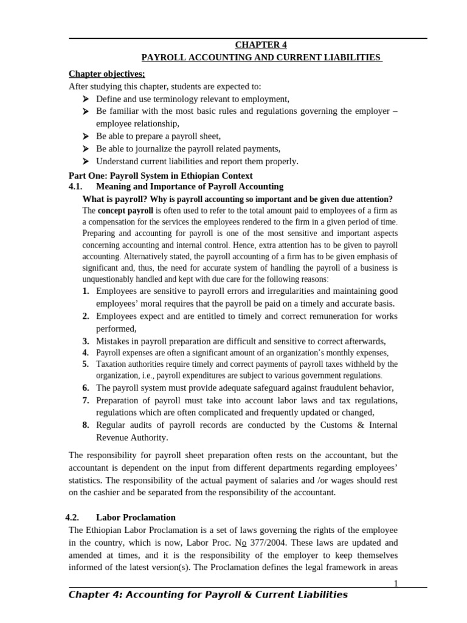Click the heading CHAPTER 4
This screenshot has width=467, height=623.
click(261, 45)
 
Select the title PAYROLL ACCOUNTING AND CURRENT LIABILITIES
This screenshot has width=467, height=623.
click(261, 57)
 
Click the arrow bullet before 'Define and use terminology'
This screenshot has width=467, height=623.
click(85, 99)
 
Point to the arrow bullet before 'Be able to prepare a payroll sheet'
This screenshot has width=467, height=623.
click(85, 136)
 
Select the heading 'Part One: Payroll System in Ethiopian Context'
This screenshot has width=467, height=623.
click(161, 175)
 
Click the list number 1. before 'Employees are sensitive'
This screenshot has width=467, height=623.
click(86, 291)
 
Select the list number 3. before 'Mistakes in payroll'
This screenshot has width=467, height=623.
click(86, 341)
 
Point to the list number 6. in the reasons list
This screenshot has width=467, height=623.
click(86, 388)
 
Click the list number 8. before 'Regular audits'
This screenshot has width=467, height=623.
click(86, 425)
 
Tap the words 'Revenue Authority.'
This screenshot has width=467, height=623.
click(132, 437)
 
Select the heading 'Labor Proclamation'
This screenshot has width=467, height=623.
click(136, 518)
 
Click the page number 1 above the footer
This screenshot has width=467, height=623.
click(395, 583)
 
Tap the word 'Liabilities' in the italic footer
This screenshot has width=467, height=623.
click(317, 594)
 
